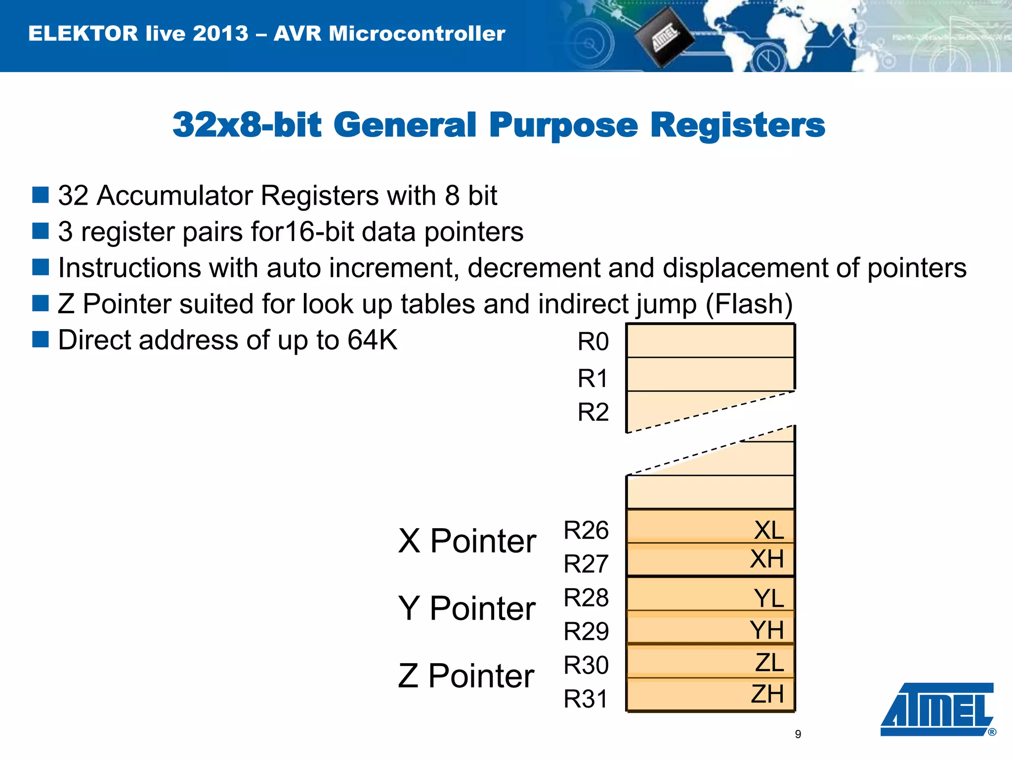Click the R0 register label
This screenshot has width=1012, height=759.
(593, 342)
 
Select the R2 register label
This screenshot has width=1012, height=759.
(593, 412)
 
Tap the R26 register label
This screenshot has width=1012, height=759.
(586, 530)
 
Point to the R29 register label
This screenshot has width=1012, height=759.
(586, 631)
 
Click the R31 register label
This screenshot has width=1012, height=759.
(586, 699)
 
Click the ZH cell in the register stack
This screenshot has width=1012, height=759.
(711, 694)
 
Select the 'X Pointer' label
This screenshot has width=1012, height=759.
(467, 541)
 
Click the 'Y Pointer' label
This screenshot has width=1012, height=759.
(467, 608)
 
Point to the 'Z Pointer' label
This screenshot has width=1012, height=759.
(466, 675)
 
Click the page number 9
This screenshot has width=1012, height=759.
(798, 734)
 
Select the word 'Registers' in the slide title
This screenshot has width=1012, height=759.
(737, 125)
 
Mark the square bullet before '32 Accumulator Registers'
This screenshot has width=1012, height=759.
(41, 195)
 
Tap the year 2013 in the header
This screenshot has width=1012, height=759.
(220, 34)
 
